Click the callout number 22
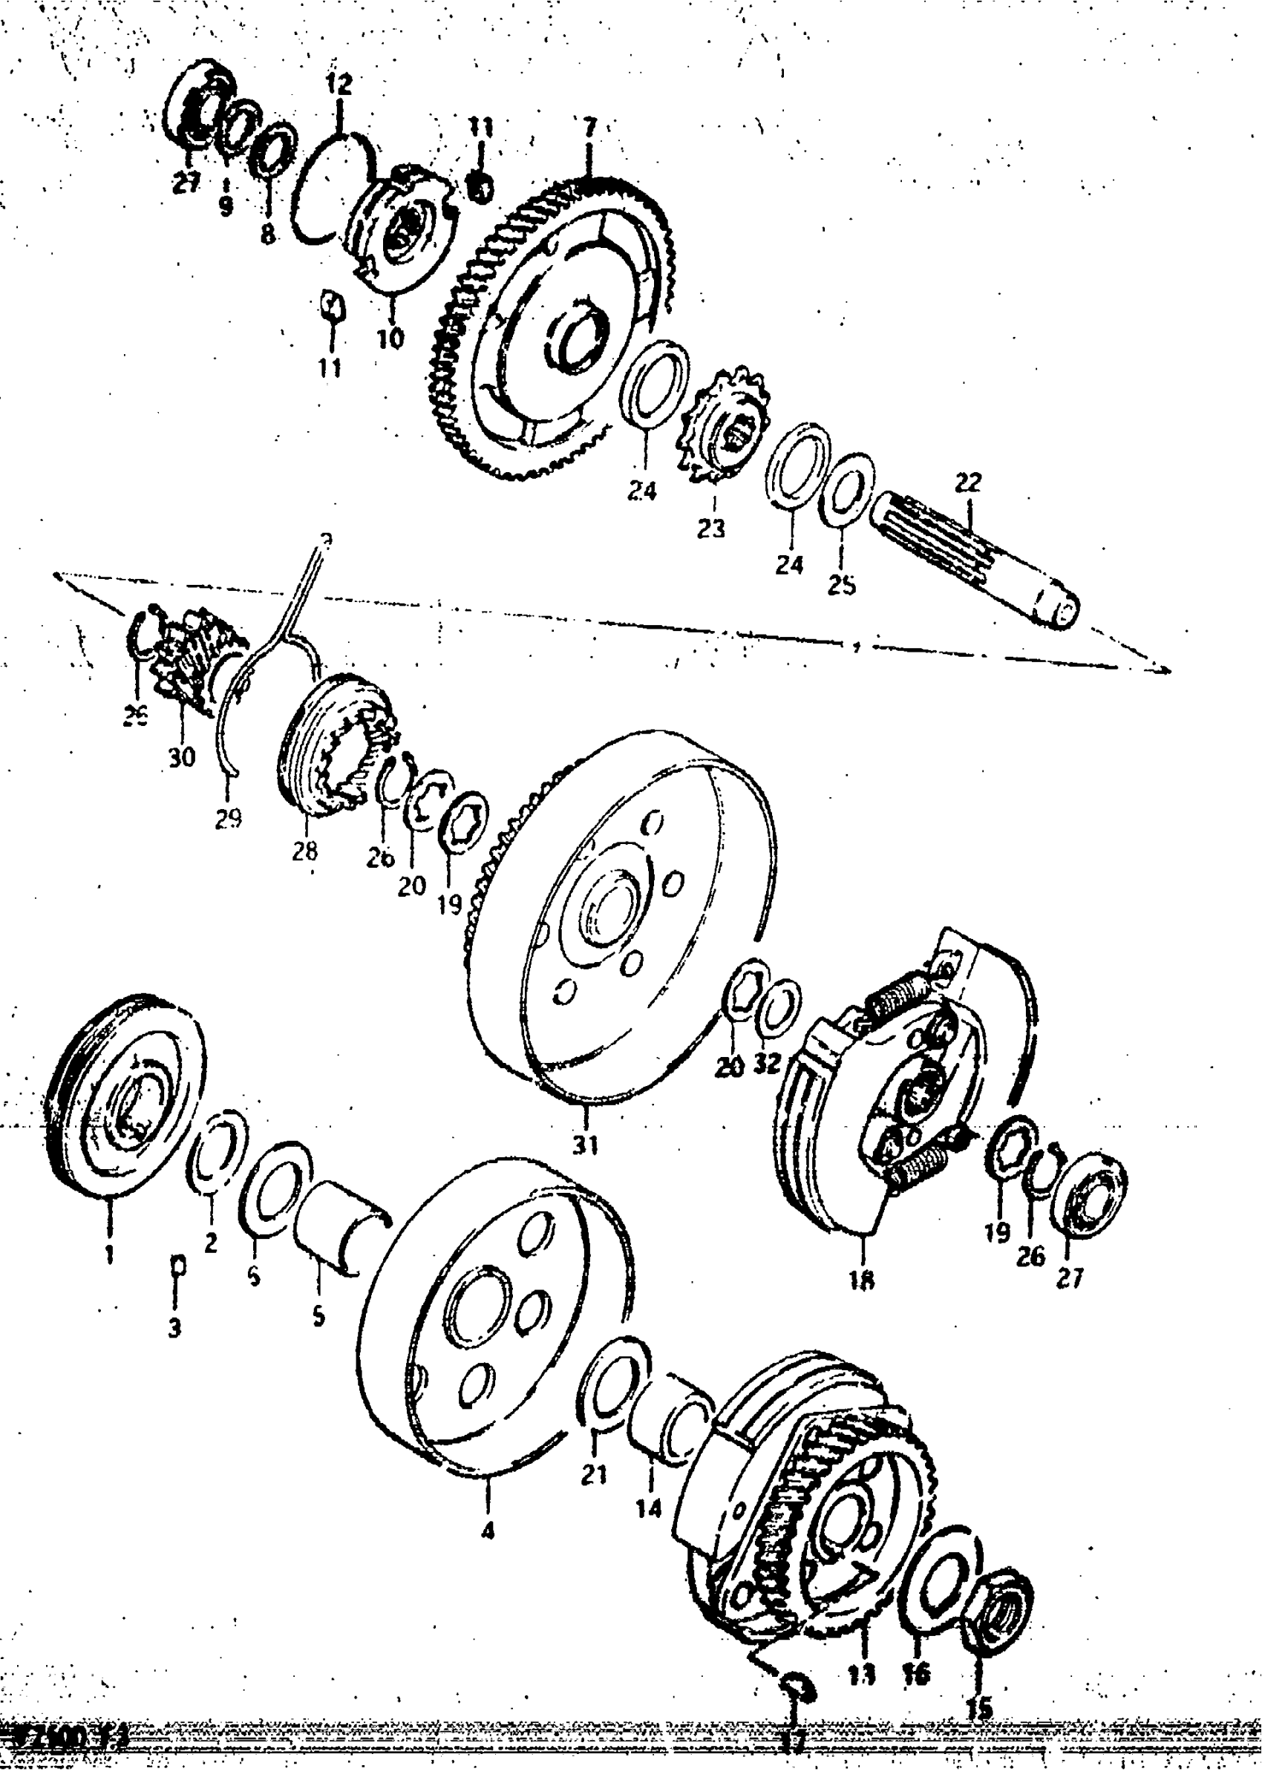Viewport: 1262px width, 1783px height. point(967,482)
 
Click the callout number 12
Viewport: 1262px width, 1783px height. point(339,84)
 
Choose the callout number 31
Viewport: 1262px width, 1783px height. point(586,1145)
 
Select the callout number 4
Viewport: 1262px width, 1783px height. point(488,1531)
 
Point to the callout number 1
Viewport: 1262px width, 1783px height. point(110,1254)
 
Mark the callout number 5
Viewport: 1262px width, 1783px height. point(318,1317)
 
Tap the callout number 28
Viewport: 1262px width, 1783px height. point(304,851)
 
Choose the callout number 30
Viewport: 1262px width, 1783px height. point(183,756)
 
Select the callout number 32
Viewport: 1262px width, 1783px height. point(767,1062)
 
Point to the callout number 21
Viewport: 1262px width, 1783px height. point(594,1473)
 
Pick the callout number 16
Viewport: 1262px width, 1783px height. point(917,1674)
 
